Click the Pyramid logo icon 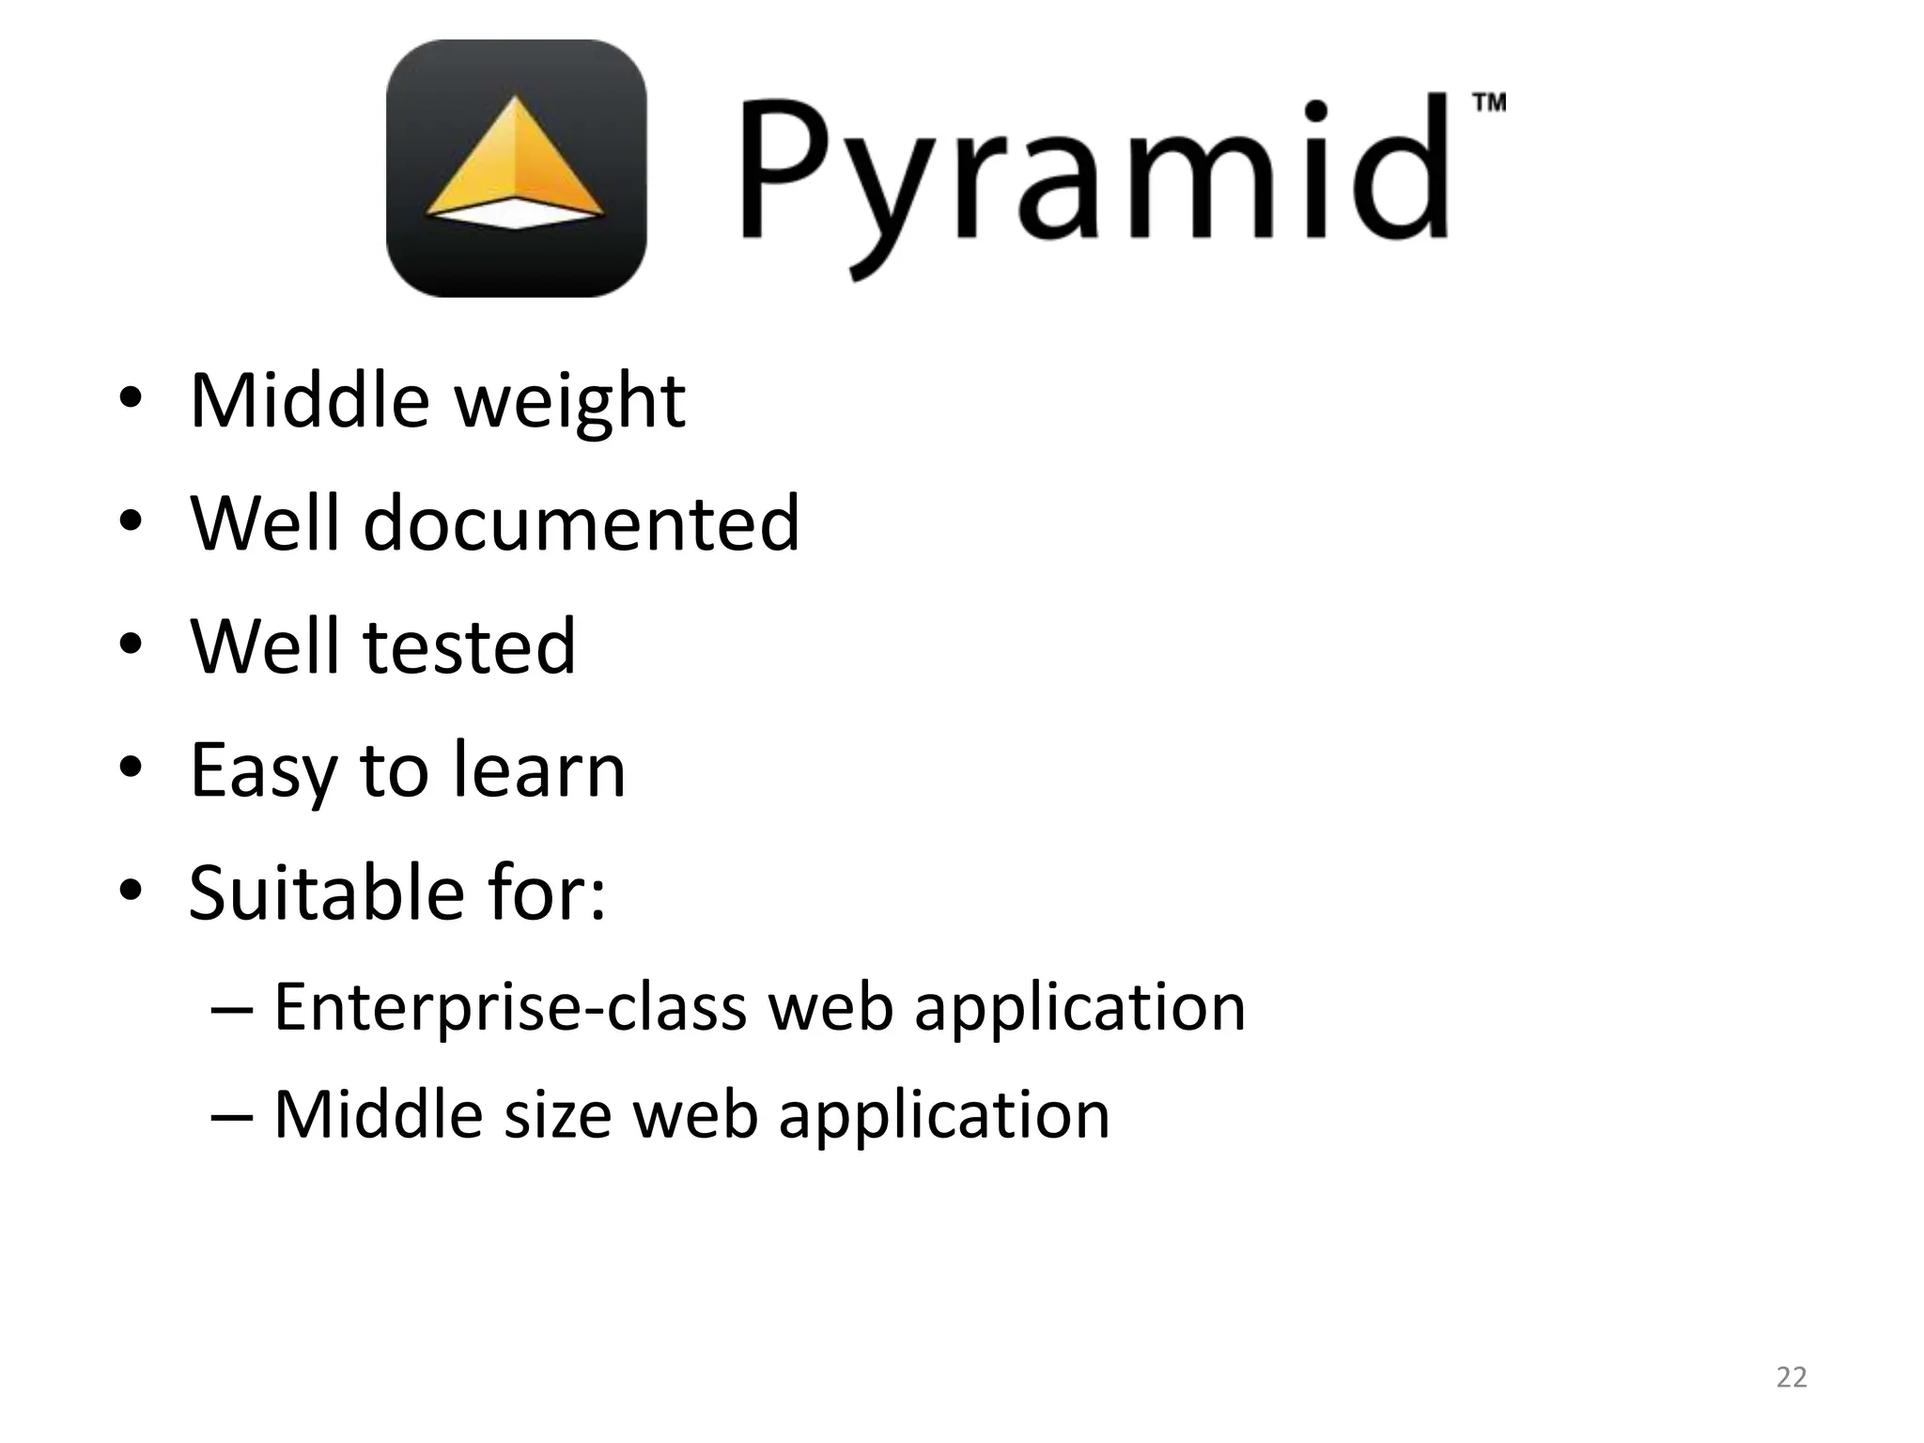pyautogui.click(x=516, y=169)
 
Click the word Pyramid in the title pyautogui.click(x=1094, y=174)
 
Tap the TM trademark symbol pyautogui.click(x=1489, y=102)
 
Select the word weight pyautogui.click(x=570, y=402)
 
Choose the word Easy pyautogui.click(x=262, y=770)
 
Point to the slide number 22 pyautogui.click(x=1792, y=1377)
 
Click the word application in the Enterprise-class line pyautogui.click(x=1079, y=1007)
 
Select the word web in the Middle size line pyautogui.click(x=695, y=1115)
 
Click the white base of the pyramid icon pyautogui.click(x=515, y=213)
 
